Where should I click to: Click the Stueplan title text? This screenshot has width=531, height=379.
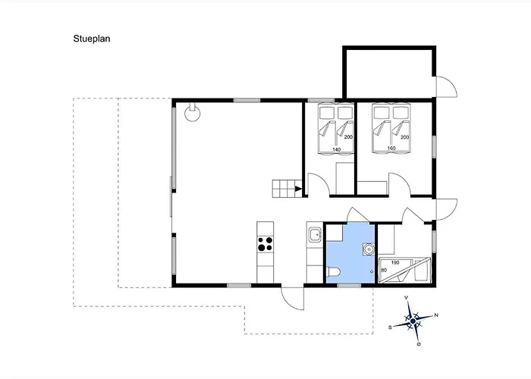[92, 39]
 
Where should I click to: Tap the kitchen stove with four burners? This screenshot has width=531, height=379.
[265, 244]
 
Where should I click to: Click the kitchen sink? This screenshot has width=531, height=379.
[315, 234]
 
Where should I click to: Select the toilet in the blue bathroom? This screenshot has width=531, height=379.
[333, 271]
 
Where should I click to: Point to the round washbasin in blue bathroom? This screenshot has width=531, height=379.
[369, 249]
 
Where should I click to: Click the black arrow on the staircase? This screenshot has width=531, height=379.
[298, 189]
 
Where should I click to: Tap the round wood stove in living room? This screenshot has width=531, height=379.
[193, 114]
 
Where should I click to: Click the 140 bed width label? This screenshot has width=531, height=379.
[337, 149]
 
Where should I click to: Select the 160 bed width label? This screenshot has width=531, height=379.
[391, 149]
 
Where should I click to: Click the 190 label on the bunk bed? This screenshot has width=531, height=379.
[395, 262]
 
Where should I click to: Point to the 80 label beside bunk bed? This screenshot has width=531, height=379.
[384, 271]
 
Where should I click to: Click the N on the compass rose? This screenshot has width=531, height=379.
[436, 315]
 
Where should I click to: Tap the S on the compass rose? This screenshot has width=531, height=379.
[390, 327]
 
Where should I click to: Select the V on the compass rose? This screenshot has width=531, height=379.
[406, 298]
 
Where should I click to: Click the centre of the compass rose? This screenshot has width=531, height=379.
[413, 321]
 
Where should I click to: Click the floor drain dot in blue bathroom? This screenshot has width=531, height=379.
[372, 271]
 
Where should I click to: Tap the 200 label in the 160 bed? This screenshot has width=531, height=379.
[404, 137]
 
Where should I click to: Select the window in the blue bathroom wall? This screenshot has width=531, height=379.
[349, 286]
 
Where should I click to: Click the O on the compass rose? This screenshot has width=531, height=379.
[419, 344]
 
